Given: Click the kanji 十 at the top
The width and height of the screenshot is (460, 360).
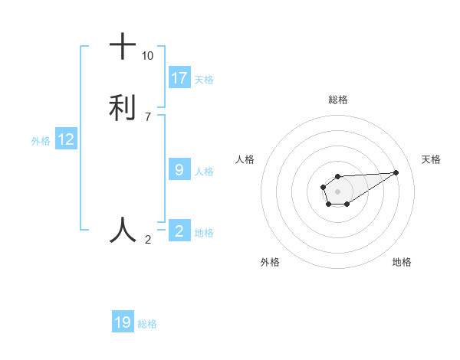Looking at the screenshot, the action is pos(123,47).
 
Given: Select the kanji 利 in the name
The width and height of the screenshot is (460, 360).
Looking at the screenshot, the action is pos(123,106).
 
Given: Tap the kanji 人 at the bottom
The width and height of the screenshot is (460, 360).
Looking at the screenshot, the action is pos(123,229).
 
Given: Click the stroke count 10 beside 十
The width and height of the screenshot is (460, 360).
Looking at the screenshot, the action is pos(147,56).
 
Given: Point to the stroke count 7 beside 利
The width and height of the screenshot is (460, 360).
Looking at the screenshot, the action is pos(147,116).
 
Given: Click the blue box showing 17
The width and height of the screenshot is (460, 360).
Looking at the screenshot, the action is pos(179,78).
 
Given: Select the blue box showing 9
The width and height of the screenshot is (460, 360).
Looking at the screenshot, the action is pos(179,170).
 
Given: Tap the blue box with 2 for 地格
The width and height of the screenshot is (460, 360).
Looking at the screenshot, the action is pos(179,231).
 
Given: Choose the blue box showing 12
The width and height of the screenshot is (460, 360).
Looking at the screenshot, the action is pos(66,139).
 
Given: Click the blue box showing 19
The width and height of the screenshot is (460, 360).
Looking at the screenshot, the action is pos(123,322).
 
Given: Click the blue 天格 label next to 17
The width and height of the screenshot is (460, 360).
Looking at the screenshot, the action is pos(204,79).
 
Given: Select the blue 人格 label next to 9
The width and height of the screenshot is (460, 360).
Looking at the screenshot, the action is pos(204,171).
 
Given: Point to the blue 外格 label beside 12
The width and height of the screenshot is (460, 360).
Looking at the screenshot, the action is pos(41,140).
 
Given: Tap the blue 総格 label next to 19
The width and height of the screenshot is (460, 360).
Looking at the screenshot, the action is pos(147,324).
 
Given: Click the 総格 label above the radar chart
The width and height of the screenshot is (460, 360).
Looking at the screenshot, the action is pos(337,100).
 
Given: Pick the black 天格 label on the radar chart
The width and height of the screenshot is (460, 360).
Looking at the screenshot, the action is pos(432,159).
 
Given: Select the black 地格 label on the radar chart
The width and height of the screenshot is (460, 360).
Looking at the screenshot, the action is pos(402,262).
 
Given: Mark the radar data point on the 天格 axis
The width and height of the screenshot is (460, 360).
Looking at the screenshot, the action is pos(396,172).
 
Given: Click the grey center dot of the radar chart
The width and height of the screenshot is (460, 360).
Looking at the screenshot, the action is pos(337,190).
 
